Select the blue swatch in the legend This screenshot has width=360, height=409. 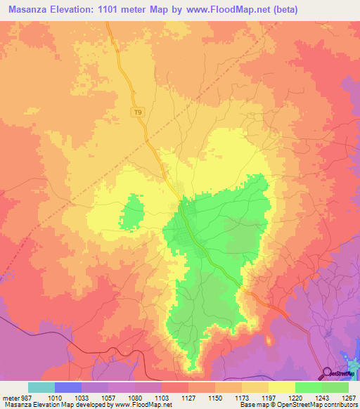tap(68, 387)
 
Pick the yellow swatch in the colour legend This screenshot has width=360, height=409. tap(281, 387)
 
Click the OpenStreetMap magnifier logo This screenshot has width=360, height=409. tap(328, 373)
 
